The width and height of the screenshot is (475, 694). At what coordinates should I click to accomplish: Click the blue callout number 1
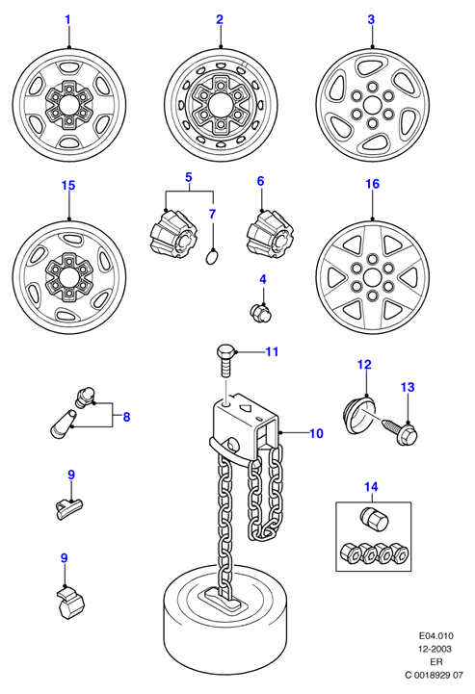click(67, 19)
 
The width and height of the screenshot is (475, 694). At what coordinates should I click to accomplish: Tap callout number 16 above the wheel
click(372, 184)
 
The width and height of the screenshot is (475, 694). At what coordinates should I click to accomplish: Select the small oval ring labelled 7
click(213, 257)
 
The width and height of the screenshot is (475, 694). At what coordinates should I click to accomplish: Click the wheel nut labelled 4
click(260, 313)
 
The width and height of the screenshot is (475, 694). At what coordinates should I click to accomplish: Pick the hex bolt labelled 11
click(225, 360)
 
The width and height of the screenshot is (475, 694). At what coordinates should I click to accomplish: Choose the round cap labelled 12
click(359, 415)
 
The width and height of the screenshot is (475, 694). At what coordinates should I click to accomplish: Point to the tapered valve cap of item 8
click(63, 424)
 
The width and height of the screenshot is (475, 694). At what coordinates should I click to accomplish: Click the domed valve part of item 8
click(85, 397)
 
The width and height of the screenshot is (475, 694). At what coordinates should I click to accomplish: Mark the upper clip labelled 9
click(70, 507)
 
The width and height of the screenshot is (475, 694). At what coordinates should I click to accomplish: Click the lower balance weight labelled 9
click(71, 602)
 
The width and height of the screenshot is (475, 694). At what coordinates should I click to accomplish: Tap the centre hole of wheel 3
click(372, 106)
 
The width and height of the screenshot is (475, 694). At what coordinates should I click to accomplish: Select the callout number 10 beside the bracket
click(316, 433)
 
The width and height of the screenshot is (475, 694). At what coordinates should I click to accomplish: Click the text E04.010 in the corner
click(436, 636)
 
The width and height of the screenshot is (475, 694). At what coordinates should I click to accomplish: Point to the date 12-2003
click(436, 649)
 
